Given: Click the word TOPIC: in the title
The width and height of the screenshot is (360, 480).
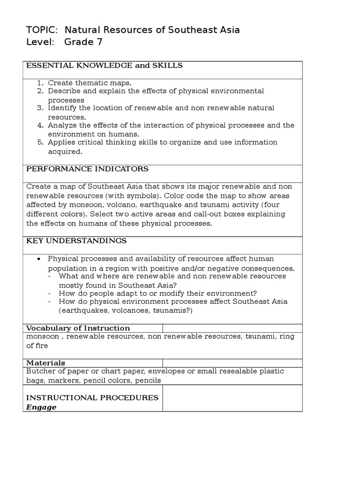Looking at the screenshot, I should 42,30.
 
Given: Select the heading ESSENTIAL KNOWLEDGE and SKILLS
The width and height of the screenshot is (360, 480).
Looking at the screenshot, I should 104,66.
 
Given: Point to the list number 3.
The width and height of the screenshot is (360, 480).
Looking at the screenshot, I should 40,108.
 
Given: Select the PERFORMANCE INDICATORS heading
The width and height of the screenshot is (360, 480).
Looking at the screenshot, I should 87,169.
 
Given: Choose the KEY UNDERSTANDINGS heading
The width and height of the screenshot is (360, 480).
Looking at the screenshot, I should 76,241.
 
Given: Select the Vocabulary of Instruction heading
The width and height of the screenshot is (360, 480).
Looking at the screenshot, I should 78,328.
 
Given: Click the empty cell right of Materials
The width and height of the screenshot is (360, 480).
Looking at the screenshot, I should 232,363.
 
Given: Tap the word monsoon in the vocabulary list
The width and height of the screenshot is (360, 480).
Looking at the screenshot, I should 43,337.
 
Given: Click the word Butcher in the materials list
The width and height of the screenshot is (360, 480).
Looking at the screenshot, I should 41,371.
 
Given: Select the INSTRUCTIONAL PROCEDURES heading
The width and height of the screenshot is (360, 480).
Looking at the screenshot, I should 92,397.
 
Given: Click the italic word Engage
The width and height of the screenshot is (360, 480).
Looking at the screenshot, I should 41,407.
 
